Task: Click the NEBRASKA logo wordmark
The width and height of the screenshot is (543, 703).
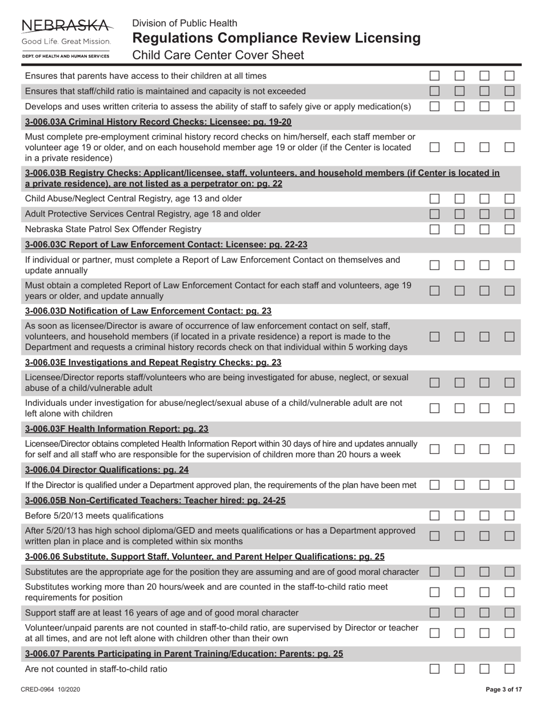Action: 66,25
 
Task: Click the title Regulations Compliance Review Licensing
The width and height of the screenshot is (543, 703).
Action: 276,38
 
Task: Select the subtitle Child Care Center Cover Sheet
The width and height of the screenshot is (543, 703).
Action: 218,55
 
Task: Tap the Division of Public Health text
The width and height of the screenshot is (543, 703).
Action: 185,23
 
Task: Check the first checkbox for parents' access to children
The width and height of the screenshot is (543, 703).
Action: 435,75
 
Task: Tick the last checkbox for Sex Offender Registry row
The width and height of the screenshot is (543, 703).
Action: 509,229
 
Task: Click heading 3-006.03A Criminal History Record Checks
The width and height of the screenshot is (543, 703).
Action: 158,122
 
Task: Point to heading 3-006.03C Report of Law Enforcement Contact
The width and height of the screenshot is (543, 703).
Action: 166,245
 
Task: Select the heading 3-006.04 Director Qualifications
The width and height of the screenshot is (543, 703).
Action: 107,470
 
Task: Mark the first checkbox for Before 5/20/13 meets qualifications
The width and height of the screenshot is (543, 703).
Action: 435,516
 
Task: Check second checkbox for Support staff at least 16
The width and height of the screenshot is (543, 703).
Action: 460,613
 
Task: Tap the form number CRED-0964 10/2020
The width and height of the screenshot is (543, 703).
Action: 50,690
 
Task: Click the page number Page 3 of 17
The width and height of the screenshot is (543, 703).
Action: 504,690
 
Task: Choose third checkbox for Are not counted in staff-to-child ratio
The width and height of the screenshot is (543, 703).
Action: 485,669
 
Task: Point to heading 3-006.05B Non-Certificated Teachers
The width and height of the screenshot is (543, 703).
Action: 155,501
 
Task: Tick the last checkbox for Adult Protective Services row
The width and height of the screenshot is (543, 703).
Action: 509,214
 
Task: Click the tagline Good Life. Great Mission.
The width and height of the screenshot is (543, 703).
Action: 66,42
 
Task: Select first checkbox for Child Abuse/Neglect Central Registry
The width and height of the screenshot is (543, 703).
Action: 435,198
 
